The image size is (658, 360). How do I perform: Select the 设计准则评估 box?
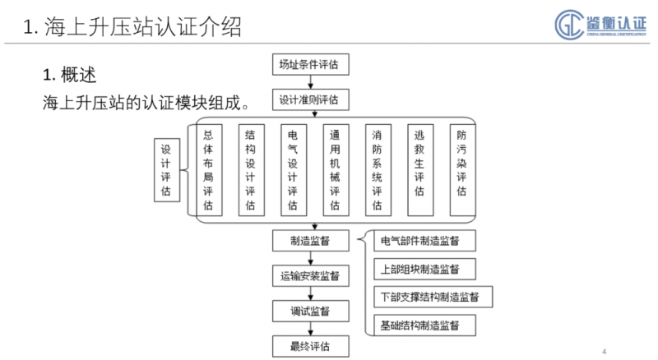310,99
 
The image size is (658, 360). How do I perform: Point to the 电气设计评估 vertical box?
292,170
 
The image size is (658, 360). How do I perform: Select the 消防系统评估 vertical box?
377,170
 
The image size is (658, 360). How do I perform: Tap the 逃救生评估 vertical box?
419,170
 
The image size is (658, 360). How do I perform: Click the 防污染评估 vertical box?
461,170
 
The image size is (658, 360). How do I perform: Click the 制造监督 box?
310,240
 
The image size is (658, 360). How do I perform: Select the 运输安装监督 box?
310,275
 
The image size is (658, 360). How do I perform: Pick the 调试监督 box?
310,311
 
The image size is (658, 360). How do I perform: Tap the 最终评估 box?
310,344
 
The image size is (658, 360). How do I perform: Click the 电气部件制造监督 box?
426,241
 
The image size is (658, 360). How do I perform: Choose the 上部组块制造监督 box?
426,269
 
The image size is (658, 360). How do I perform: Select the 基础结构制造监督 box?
426,324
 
